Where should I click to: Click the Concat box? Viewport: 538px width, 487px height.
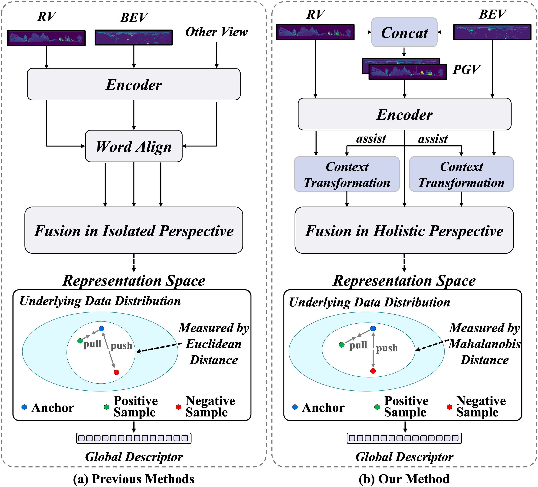[x=404, y=32]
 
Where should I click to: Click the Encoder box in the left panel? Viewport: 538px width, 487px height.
[x=134, y=84]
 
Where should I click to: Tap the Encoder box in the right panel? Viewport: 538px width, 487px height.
[x=404, y=114]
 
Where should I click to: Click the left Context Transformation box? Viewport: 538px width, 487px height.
[x=347, y=174]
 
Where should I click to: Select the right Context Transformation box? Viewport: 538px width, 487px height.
[x=461, y=174]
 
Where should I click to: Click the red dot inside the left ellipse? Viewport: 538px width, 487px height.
[x=116, y=372]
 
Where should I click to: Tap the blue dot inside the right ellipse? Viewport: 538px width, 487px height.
[x=373, y=328]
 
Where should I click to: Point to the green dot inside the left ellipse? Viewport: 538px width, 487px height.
[x=80, y=341]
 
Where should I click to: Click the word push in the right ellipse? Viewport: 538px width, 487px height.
[x=387, y=348]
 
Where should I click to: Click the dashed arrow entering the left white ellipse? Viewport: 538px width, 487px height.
[x=156, y=348]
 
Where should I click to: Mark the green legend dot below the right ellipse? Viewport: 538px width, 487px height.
[x=377, y=407]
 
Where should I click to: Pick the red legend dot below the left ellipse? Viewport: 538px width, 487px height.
[x=179, y=407]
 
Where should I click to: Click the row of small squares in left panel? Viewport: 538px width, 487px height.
[x=134, y=438]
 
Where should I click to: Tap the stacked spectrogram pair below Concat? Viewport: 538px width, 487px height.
[x=404, y=69]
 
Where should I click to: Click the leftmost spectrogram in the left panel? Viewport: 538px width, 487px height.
[x=46, y=38]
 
